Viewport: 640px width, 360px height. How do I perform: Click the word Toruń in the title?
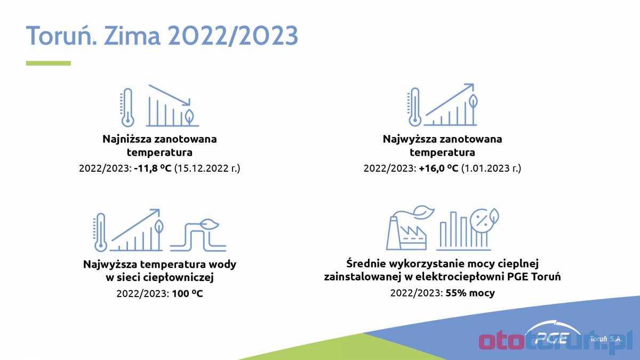61,35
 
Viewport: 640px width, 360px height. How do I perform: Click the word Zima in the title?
132,35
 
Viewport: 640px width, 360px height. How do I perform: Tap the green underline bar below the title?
49,63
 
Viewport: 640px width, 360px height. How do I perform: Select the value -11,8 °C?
153,168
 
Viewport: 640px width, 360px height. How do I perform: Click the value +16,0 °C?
438,168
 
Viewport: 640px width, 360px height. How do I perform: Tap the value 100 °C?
187,293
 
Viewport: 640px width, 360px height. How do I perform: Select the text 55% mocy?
470,293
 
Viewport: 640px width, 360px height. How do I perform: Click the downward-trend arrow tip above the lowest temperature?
189,105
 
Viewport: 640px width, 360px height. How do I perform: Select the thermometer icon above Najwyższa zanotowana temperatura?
414,107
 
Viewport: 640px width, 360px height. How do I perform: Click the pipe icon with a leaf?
198,235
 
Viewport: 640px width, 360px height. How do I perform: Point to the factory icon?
410,228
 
